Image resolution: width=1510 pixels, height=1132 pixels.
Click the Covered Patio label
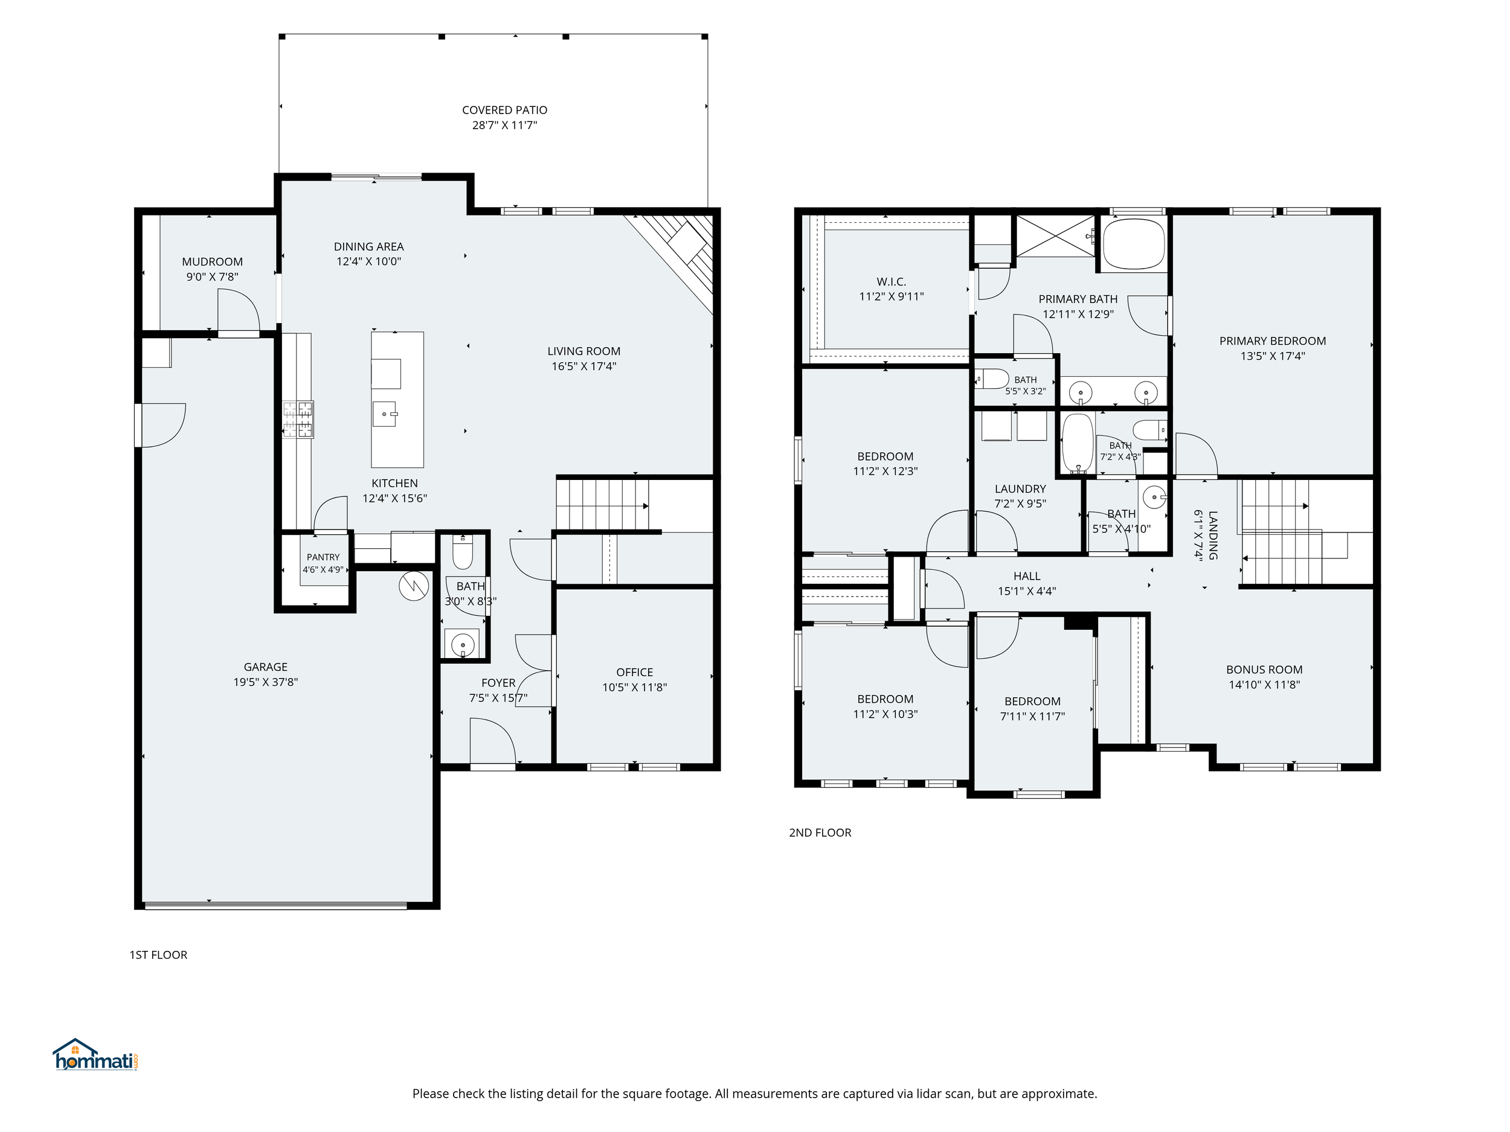pos(504,110)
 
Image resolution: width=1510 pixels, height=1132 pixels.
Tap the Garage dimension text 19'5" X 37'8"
pos(266,682)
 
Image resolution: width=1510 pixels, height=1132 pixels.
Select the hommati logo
pos(96,1055)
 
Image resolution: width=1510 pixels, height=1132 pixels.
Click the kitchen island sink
pos(384,414)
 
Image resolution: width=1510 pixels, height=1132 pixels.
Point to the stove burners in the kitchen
pos(298,419)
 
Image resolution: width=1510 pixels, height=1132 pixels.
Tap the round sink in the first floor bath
pos(463,644)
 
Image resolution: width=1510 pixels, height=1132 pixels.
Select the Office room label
pos(634,672)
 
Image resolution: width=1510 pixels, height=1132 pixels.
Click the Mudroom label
pos(212,261)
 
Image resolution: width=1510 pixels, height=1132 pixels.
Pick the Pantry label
pos(323,557)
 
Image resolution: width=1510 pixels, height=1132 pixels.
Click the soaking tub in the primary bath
pos(1134,245)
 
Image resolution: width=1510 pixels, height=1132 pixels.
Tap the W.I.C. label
pos(892,281)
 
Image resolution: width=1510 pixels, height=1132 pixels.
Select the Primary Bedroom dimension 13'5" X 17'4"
pos(1273,356)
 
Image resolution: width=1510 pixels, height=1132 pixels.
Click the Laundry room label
pos(1020,488)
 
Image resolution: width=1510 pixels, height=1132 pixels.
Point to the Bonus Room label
pos(1264,670)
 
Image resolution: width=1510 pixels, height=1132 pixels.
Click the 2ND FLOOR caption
pos(820,833)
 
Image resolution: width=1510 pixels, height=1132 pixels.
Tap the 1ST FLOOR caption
pos(158,955)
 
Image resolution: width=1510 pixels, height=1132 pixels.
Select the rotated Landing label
pos(1213,536)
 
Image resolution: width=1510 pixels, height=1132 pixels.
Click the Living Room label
pos(583,351)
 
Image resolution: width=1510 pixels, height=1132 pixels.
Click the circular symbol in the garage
pos(414,586)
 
